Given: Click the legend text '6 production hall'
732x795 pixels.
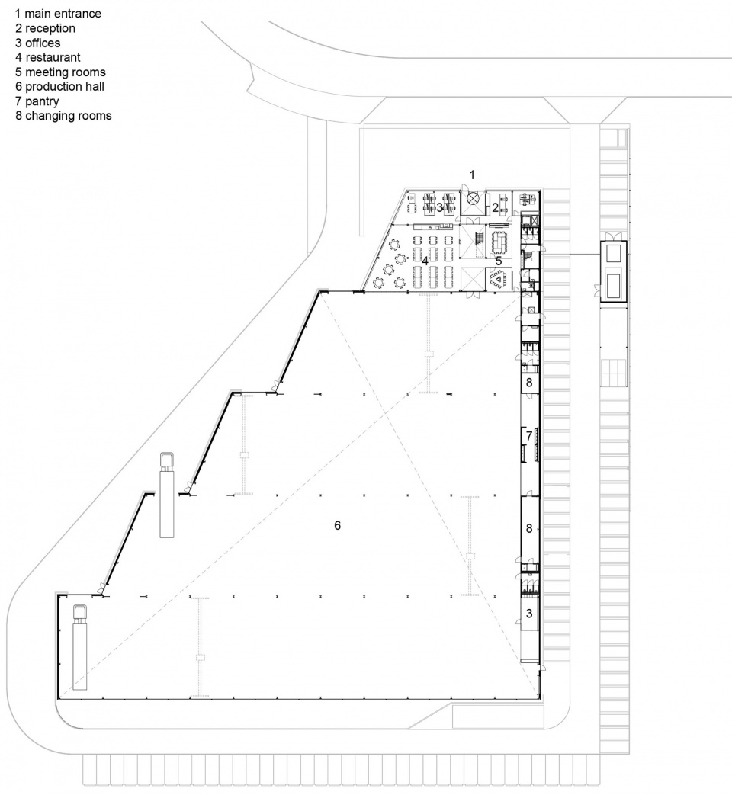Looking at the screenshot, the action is point(60,87).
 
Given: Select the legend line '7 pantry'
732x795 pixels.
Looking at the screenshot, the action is point(37,101).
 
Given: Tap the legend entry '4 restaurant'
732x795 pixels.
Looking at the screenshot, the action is point(48,57).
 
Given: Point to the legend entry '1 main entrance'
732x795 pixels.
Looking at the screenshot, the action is point(58,14).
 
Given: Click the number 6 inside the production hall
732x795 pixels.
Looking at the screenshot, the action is point(337,526).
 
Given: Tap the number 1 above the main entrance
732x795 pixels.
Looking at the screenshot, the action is point(472,175).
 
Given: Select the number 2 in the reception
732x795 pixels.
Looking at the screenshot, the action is point(495,207).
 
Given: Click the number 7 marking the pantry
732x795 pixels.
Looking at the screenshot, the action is point(529,435).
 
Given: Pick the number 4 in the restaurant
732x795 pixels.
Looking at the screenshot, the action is point(425,261).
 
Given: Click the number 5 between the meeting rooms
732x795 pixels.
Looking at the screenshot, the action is point(499,261).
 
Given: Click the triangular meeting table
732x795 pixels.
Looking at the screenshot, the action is point(499,278).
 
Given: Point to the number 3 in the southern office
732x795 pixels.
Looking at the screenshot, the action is point(529,614).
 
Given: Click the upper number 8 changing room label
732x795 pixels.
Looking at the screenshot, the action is point(529,383).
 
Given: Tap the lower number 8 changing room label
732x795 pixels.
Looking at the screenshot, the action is point(529,528).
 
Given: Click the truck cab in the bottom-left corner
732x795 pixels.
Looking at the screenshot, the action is point(80,614).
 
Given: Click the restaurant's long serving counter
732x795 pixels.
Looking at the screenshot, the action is point(432,226).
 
